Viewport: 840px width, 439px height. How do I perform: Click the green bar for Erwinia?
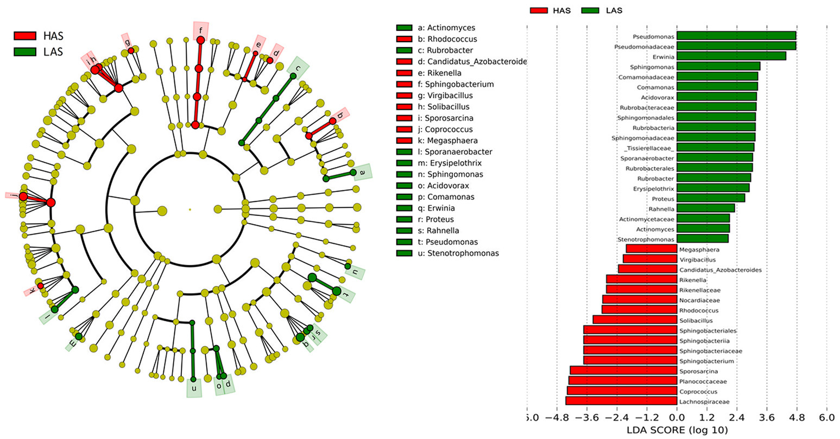pos(731,56)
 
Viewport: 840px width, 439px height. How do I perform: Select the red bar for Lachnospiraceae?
pos(621,402)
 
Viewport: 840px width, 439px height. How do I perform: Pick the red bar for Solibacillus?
pos(635,320)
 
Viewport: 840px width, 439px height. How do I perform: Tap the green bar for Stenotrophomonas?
pos(703,239)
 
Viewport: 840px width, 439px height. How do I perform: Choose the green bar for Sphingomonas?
pos(718,66)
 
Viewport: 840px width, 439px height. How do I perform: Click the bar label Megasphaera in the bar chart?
pos(699,250)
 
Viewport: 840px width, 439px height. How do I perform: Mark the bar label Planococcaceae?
pos(703,381)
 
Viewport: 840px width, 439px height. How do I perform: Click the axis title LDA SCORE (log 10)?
pos(677,430)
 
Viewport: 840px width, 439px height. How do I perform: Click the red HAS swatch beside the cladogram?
pos(25,36)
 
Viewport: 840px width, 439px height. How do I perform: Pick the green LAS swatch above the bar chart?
pos(589,10)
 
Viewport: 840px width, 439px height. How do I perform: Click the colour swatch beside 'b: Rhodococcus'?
pos(405,39)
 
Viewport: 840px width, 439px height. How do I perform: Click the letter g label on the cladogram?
pos(128,42)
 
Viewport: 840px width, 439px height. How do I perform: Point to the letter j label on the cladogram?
pos(11,195)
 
